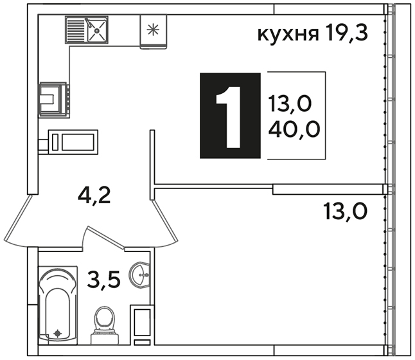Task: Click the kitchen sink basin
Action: tap(97, 30)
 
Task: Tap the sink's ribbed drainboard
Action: tap(76, 30)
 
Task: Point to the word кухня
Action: tap(288, 35)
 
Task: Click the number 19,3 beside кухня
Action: tap(347, 32)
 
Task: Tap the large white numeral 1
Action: tap(229, 117)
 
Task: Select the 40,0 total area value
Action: tap(294, 129)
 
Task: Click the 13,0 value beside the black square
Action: tap(290, 104)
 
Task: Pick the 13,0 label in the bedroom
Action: tap(346, 211)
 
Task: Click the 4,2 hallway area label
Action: tap(94, 195)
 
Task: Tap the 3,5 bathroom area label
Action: tap(104, 279)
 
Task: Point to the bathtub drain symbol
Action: tap(58, 334)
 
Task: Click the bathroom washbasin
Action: tap(139, 275)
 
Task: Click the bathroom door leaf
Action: tap(105, 238)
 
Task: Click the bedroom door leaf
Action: tap(164, 221)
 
